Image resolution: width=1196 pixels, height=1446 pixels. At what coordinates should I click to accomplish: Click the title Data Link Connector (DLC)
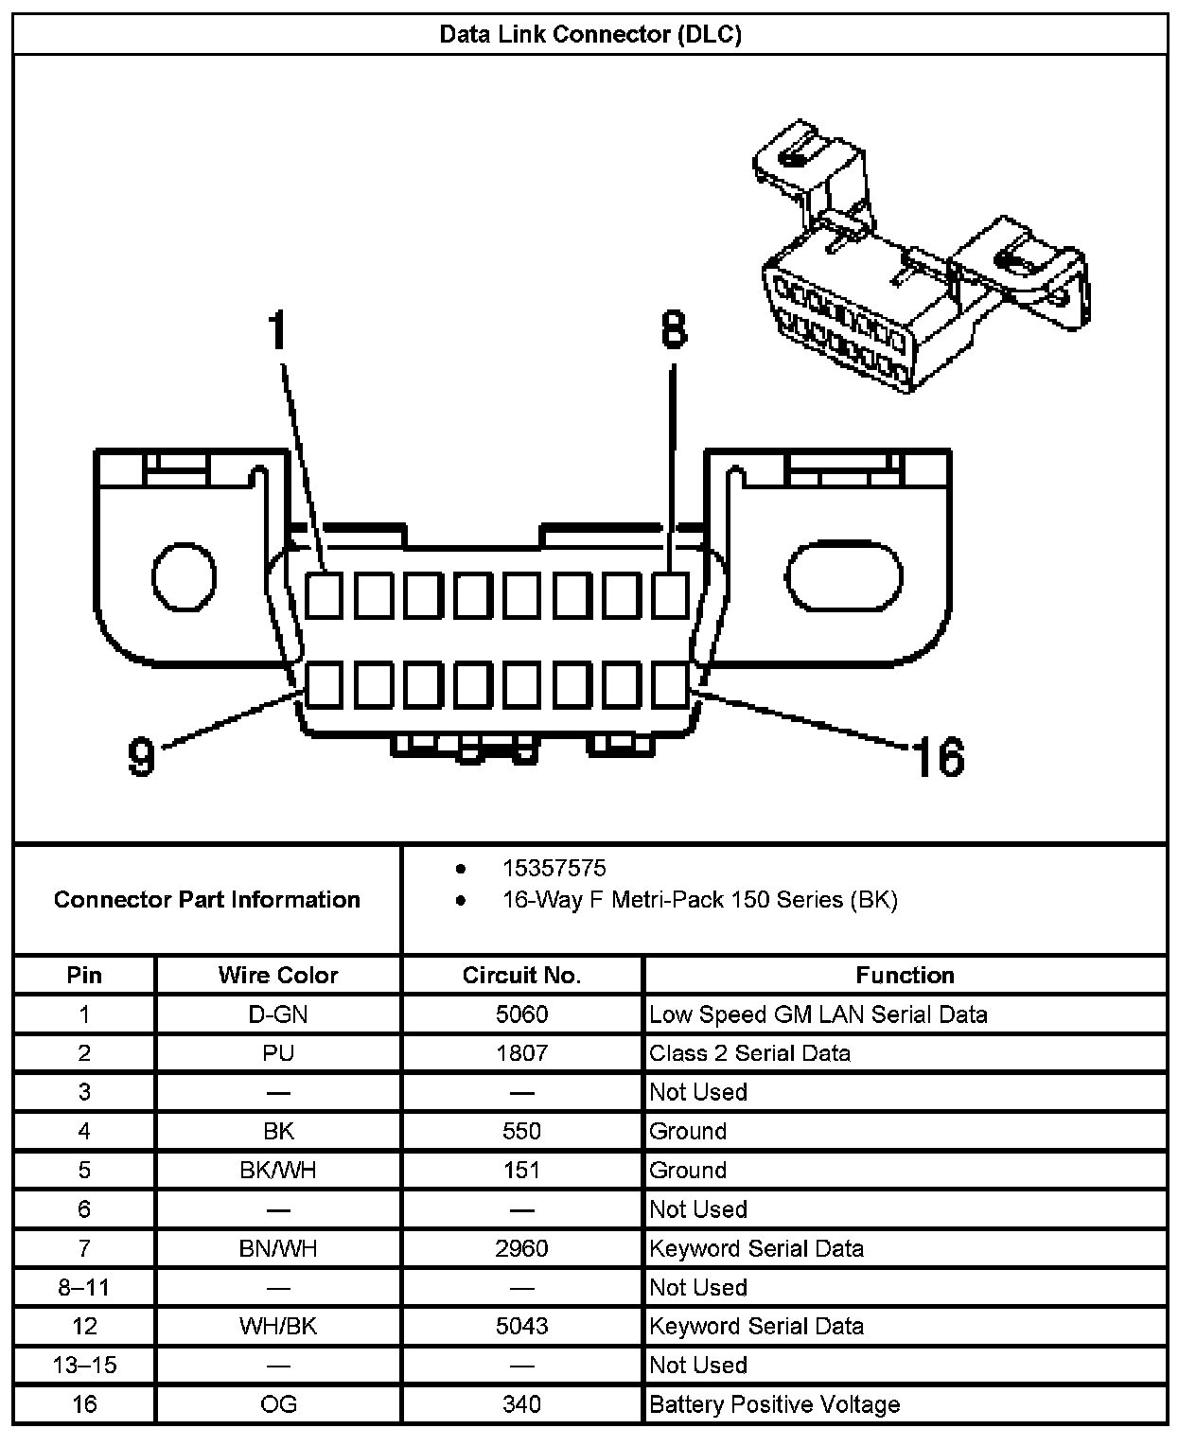(590, 35)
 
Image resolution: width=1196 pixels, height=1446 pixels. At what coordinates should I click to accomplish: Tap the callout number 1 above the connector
(276, 330)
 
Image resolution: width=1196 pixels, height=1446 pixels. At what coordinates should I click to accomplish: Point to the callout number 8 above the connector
(673, 330)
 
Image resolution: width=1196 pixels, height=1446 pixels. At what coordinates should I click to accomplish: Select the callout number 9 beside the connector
(141, 756)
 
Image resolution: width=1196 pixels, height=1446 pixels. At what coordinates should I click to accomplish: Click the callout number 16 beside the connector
(937, 757)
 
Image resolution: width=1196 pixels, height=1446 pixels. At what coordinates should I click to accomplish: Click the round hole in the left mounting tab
(185, 576)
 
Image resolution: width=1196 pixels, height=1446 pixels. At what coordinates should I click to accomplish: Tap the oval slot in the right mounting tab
(845, 576)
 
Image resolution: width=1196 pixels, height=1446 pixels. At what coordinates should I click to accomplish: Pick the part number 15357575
(554, 868)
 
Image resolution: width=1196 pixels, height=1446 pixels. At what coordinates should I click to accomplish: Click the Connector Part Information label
(207, 899)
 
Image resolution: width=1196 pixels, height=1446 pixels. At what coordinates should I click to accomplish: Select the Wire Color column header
(278, 975)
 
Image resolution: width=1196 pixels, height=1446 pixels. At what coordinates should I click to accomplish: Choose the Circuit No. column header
(521, 975)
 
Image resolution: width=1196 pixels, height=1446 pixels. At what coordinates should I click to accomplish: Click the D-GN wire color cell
(278, 1014)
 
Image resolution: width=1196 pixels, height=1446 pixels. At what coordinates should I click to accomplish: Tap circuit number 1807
(521, 1053)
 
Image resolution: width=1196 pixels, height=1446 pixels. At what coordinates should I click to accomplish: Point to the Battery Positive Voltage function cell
(774, 1404)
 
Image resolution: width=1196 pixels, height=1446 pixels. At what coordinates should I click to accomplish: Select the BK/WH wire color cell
(278, 1171)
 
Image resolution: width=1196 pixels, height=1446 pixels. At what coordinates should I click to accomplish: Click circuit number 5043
(521, 1326)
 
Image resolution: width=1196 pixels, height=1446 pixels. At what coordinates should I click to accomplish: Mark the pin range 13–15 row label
(84, 1365)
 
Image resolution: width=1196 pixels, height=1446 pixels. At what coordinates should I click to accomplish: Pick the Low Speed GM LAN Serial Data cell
(818, 1014)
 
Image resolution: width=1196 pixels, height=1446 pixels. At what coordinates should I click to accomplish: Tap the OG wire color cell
(278, 1404)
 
